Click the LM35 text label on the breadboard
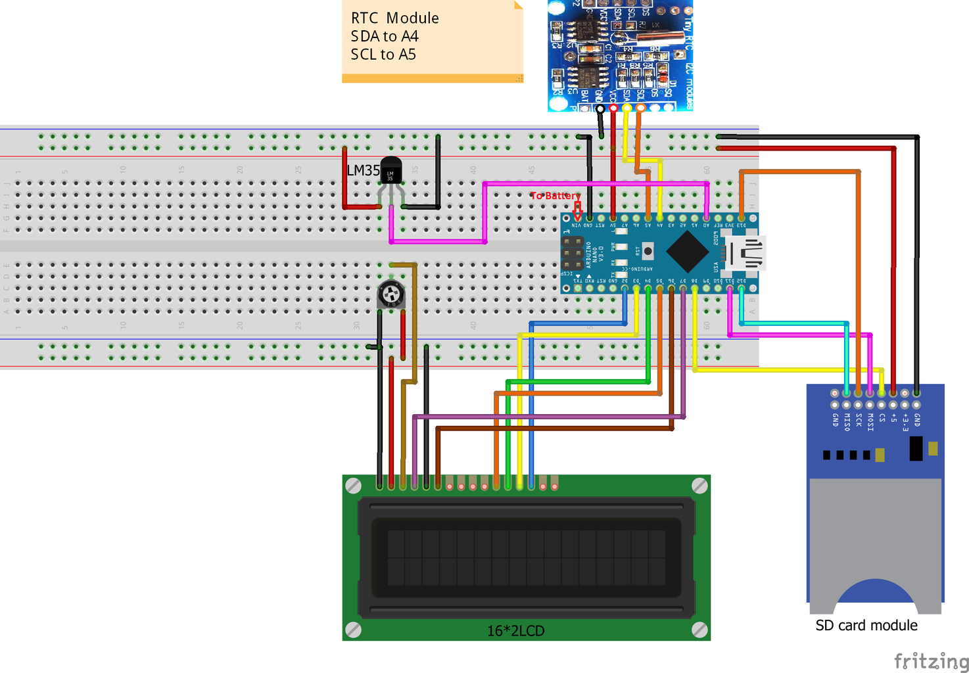tap(363, 170)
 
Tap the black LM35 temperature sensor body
tap(390, 172)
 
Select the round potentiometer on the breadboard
tap(391, 294)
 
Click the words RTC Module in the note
tap(394, 18)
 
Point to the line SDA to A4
tap(385, 36)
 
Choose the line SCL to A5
tap(383, 55)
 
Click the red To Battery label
tap(555, 195)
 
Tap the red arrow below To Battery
tap(577, 211)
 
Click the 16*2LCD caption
tap(515, 631)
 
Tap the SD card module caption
tap(866, 626)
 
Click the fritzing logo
tap(931, 661)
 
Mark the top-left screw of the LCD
tap(353, 486)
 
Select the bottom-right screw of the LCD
tap(699, 630)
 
